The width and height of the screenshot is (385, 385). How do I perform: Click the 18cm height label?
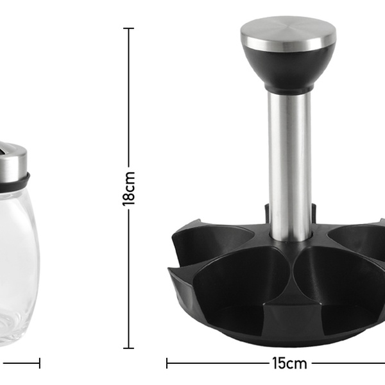point(129,188)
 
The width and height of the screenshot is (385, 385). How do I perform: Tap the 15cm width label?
point(289,363)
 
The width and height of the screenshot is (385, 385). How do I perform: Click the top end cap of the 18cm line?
point(128,28)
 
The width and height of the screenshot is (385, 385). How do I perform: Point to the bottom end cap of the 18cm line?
point(128,348)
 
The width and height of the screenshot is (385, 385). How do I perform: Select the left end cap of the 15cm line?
point(167,363)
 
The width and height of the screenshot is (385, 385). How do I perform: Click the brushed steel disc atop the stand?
point(289,33)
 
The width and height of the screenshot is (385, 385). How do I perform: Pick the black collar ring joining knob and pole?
point(289,89)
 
